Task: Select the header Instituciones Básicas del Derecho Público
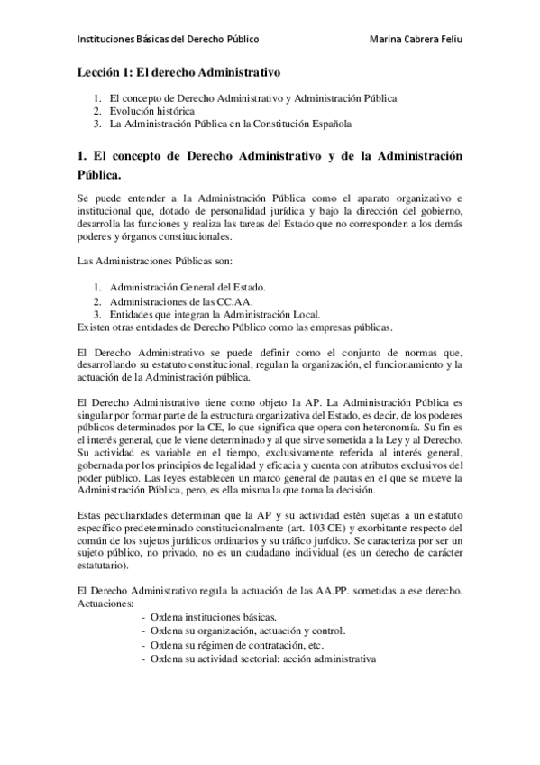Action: coord(169,40)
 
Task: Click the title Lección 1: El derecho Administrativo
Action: coord(179,69)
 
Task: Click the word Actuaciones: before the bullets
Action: coord(105,603)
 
